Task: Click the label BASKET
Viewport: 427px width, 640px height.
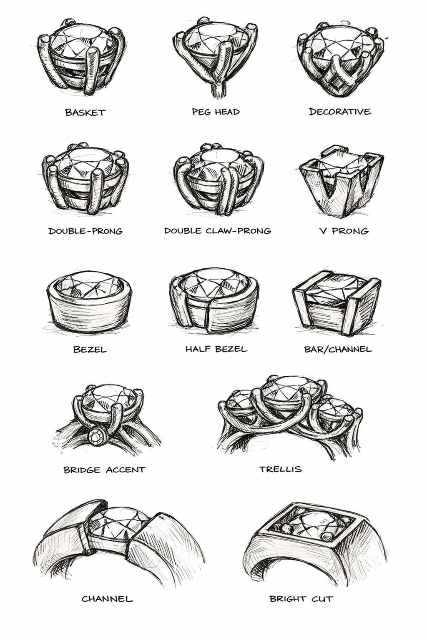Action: (x=85, y=112)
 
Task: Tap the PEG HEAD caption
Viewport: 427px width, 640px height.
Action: (x=216, y=112)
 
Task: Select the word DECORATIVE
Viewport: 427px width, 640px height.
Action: (x=340, y=112)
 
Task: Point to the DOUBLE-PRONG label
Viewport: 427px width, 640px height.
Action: (x=85, y=231)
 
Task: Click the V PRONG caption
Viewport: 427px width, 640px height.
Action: (x=344, y=231)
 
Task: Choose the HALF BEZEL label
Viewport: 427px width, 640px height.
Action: (x=216, y=349)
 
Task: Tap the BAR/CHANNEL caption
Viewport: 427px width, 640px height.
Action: (x=338, y=349)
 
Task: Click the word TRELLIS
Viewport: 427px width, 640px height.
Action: (x=280, y=469)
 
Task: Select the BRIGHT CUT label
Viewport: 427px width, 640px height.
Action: (x=301, y=599)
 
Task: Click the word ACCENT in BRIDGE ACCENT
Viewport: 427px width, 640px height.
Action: (x=126, y=470)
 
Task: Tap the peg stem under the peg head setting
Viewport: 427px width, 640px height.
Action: (x=217, y=90)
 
